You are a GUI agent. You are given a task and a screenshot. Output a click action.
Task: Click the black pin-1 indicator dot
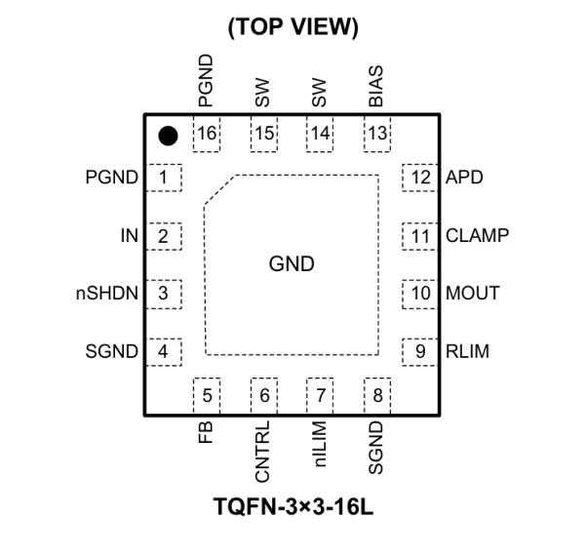pos(168,136)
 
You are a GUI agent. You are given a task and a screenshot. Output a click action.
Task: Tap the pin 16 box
pos(206,134)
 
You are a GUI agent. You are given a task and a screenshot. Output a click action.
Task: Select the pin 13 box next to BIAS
pos(376,134)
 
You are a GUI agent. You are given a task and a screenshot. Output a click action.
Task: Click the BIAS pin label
pos(376,87)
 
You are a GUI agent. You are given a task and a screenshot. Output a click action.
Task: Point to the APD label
pos(464,178)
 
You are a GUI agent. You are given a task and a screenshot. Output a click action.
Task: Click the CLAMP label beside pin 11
pos(477,235)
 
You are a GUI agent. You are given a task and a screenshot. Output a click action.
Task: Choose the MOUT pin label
pos(472,293)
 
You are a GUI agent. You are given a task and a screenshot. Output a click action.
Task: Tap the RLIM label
pos(468,350)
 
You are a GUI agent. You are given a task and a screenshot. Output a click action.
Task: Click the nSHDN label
pos(107,293)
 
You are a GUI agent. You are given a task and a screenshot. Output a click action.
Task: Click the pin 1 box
pos(164,178)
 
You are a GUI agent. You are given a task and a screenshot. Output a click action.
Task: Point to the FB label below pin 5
pos(206,433)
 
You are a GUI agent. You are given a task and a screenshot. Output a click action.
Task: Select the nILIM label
pos(320,445)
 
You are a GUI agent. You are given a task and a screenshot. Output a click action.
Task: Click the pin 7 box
pos(320,395)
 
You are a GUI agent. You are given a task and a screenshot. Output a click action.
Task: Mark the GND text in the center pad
pos(292,264)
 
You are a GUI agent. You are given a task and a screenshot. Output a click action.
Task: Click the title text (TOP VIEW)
pos(292,28)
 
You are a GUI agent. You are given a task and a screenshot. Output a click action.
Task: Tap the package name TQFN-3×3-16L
pos(292,508)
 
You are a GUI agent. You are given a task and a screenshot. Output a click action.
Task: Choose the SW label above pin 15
pos(262,94)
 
